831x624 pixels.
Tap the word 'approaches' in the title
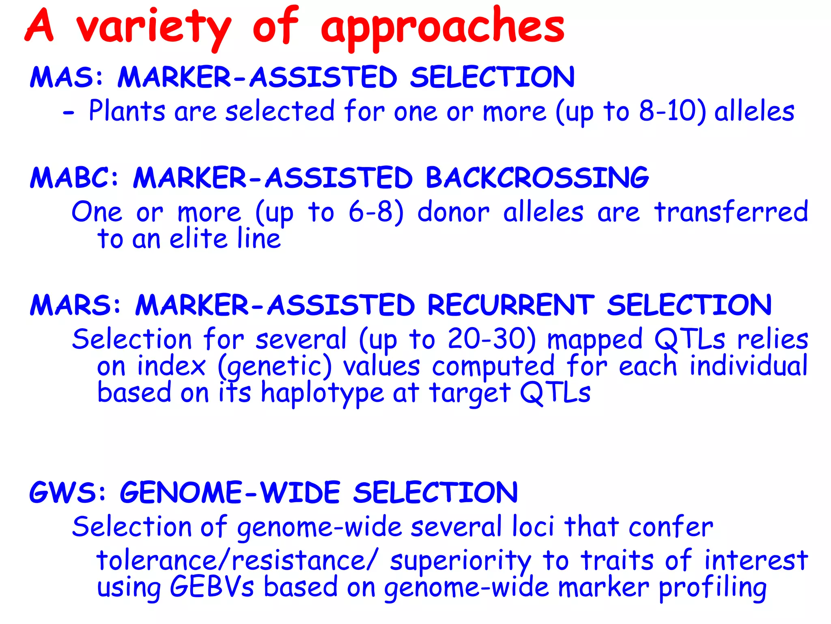(442, 28)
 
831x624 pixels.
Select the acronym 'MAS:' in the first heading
(67, 77)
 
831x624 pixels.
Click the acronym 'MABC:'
(75, 178)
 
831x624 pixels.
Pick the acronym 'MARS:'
(75, 305)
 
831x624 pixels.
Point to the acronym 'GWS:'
(67, 493)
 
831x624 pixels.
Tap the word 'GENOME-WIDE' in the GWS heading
(230, 493)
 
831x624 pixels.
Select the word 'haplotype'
(322, 393)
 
